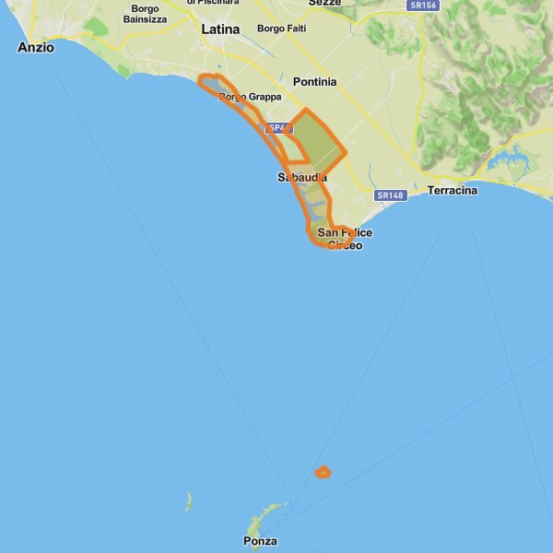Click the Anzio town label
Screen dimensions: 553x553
coord(36,47)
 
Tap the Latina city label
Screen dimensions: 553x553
coord(220,29)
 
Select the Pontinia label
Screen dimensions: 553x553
coord(314,82)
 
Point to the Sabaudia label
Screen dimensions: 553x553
coord(301,177)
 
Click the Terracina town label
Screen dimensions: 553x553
coord(453,191)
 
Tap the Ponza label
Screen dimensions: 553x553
coord(261,541)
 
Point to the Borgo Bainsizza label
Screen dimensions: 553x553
coord(146,13)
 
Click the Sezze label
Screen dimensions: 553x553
coord(324,3)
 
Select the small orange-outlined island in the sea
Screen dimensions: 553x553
coord(323,473)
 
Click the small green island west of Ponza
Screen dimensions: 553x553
coord(188,502)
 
